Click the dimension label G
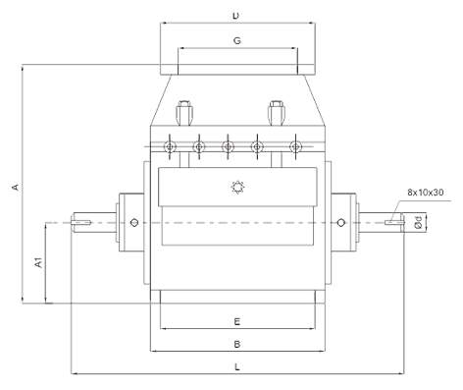coord(237,40)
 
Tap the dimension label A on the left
coord(16,187)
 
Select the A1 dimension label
coord(38,262)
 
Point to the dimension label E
coord(237,321)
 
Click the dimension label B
coord(237,344)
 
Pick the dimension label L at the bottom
coord(237,366)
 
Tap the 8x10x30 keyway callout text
coord(426,193)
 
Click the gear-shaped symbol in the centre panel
coord(237,188)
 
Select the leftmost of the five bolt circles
coord(170,146)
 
